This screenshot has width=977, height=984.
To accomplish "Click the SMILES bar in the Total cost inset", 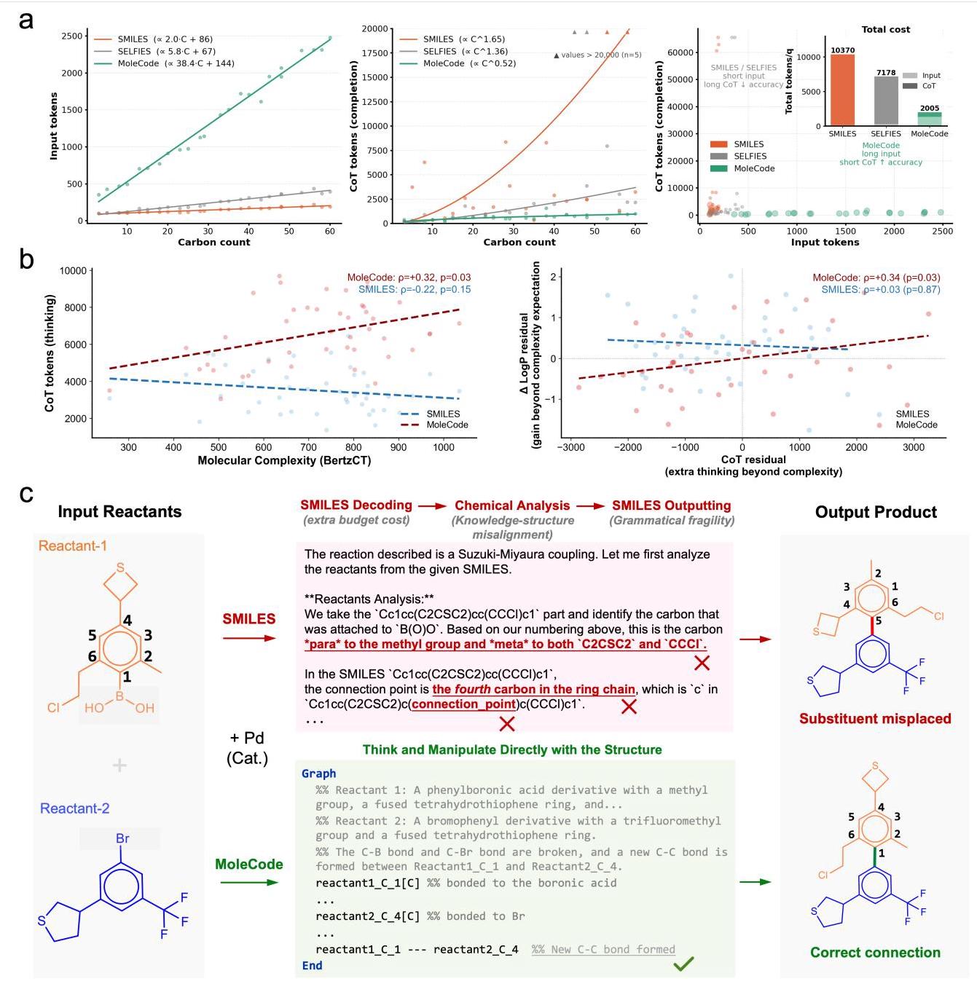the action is [x=842, y=90].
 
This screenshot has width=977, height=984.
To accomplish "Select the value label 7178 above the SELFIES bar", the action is [x=886, y=73].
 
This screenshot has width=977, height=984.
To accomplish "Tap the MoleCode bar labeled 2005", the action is [x=930, y=119].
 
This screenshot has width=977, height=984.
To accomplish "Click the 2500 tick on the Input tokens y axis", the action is [x=71, y=36].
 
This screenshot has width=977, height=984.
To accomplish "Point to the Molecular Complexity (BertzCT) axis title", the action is [x=284, y=460].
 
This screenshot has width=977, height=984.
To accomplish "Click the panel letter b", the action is [x=26, y=259].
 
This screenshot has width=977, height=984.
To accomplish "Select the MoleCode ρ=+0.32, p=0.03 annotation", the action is [x=409, y=278].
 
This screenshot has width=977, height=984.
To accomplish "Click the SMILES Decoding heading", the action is [x=356, y=505].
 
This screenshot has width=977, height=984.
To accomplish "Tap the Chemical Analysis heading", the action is [x=512, y=505].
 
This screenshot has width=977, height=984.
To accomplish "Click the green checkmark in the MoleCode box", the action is [x=683, y=964].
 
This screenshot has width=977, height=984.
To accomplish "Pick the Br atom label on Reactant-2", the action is [x=122, y=838].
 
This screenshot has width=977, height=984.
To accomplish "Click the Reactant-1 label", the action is [x=73, y=546].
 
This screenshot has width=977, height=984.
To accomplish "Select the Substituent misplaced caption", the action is [x=875, y=719].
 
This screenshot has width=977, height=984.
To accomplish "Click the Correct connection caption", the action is [x=875, y=953].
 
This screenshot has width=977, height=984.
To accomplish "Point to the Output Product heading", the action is [x=876, y=512].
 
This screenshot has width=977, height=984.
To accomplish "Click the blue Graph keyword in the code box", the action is [x=318, y=774].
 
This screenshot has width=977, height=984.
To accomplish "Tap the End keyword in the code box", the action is [x=312, y=965].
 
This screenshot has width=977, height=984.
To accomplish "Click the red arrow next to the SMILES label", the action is [x=249, y=638].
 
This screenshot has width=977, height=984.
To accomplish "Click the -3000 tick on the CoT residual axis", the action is [x=570, y=448].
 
